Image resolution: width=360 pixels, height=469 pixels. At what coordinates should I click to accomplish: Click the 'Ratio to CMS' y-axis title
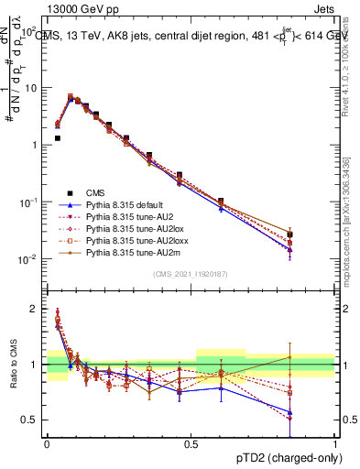click(x=13, y=365)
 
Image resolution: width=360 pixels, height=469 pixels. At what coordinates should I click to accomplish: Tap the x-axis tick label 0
click(x=47, y=442)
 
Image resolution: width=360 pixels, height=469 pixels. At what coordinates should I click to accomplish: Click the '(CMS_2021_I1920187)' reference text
click(x=191, y=275)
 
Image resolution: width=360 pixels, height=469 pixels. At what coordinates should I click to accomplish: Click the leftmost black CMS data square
click(x=57, y=138)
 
